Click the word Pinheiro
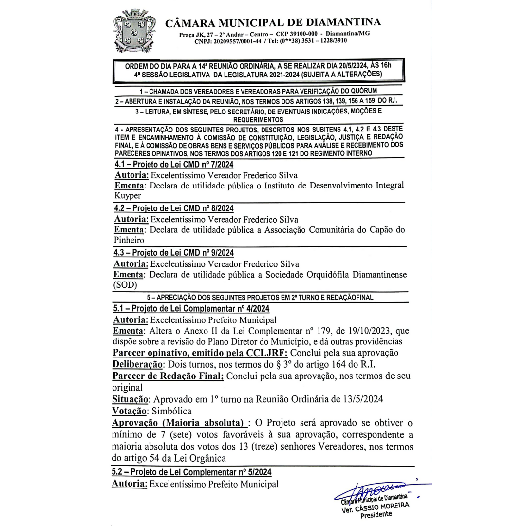pos(129,240)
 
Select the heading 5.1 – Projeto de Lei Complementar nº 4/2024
pos(191,308)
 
